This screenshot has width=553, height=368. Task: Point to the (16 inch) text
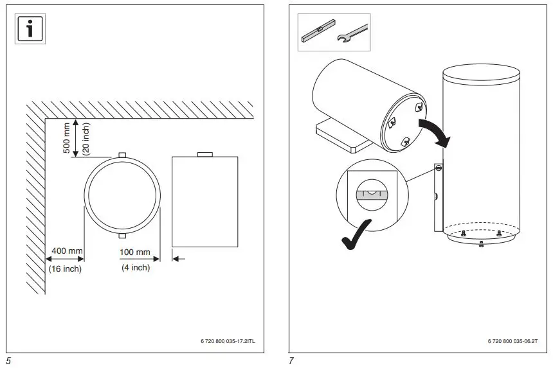tap(65, 268)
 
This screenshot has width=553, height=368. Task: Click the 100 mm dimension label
tap(135, 252)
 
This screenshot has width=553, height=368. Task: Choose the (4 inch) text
tap(135, 268)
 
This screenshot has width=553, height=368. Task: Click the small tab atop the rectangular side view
tap(204, 154)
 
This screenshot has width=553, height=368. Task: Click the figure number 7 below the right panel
tap(291, 360)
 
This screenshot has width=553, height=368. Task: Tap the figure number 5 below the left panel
tap(9, 360)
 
